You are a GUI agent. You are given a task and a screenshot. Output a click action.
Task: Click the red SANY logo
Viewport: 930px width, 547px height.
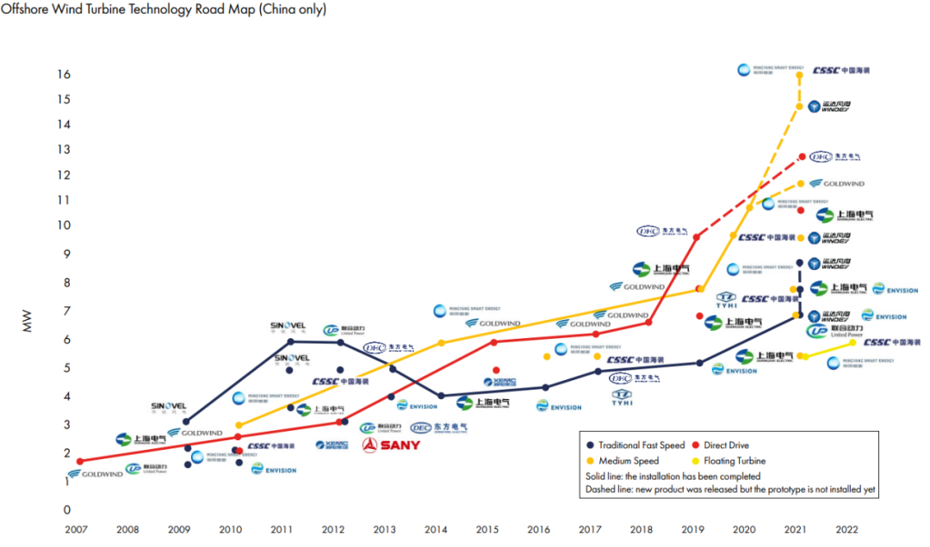(390, 445)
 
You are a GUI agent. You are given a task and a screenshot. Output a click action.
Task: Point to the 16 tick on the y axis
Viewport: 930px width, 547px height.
(65, 75)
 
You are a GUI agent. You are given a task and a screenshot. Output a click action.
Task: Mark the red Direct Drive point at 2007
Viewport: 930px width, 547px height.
(80, 462)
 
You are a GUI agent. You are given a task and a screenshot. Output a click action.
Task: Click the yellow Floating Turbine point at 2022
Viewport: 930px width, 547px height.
(852, 342)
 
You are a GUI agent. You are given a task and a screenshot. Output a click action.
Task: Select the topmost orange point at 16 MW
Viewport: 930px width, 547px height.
(799, 75)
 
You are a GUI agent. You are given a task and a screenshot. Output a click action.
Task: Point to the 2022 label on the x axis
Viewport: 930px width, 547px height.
(847, 530)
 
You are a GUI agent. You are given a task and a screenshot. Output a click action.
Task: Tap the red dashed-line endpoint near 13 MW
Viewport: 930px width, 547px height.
(802, 157)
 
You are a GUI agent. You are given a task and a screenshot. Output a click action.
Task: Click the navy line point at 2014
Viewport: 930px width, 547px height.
(442, 396)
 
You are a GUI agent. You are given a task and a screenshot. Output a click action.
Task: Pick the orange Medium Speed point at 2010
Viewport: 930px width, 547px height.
(239, 425)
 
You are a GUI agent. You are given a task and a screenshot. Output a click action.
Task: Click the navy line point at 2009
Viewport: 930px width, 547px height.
(186, 421)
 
